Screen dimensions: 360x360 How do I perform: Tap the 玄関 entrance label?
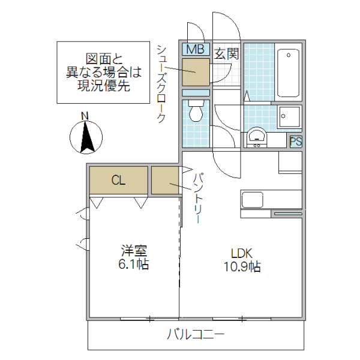click(226, 53)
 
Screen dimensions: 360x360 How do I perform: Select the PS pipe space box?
click(295, 142)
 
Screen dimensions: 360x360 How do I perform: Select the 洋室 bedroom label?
click(134, 250)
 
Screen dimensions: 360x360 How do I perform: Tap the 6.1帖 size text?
click(134, 264)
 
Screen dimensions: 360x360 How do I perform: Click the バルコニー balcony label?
click(196, 335)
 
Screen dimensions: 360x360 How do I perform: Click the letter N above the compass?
click(85, 115)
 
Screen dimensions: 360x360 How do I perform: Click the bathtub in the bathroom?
click(289, 72)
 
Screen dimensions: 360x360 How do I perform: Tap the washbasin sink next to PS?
click(257, 137)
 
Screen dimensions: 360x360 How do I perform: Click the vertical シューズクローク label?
click(161, 84)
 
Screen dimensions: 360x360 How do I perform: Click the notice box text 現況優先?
click(103, 86)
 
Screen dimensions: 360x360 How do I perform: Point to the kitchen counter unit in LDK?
click(271, 199)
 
